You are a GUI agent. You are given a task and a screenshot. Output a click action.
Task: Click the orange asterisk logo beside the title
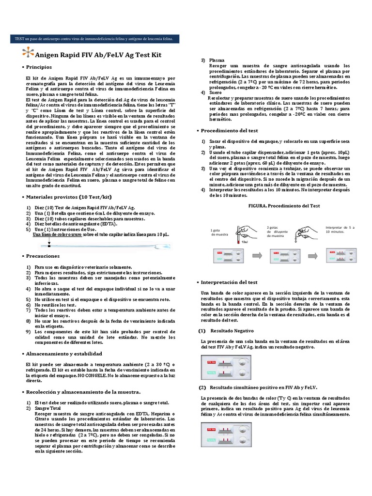(x=30, y=54)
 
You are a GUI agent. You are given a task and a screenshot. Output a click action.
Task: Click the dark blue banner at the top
(x=96, y=38)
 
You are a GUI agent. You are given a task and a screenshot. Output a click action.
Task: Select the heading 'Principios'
(x=46, y=67)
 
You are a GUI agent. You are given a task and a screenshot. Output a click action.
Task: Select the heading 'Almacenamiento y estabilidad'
(x=71, y=354)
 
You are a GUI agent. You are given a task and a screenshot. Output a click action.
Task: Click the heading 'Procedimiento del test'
(x=231, y=131)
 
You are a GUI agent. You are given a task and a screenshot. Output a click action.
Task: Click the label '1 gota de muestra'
(x=219, y=232)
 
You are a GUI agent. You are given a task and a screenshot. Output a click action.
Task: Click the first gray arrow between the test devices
(x=257, y=255)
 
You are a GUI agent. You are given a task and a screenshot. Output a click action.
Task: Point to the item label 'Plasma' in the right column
(x=217, y=60)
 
